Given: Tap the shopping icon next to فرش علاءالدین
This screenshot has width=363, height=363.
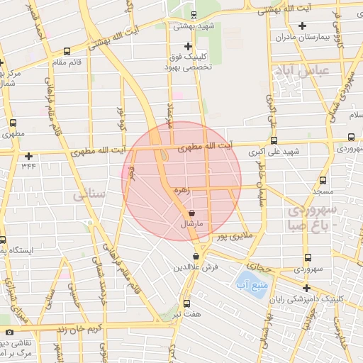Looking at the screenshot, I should click(196, 256).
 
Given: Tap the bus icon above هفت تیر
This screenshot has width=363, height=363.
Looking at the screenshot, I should click(186, 303).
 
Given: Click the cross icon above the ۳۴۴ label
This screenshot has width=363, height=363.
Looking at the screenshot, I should click(28, 156).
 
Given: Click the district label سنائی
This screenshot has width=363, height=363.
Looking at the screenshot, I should click(94, 192).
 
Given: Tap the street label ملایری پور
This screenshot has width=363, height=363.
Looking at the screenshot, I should click(231, 237).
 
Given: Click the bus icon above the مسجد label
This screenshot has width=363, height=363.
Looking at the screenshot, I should click(323, 180).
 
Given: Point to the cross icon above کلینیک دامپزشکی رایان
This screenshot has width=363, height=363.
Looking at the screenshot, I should click(306, 288).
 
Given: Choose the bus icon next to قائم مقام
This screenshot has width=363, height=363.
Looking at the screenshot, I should click(66, 51).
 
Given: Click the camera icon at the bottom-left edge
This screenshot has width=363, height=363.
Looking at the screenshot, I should click(9, 333).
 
